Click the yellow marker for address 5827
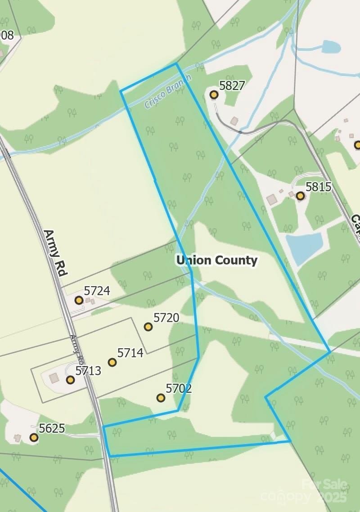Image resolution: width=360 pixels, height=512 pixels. pos(214,94)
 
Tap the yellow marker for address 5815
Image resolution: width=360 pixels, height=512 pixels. pos(300,196)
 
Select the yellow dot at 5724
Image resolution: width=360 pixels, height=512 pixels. pos(79,300)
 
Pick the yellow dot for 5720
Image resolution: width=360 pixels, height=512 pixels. pos(148,327)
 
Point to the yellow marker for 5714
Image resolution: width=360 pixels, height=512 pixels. pos(112,362)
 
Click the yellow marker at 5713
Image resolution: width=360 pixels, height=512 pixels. pos(70,380)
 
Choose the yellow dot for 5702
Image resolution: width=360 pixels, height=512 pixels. pos(161,398)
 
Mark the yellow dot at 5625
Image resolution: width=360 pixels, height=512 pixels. pos(34,437)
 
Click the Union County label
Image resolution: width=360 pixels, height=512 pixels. pos(217,260)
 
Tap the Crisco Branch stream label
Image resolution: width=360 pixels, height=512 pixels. pos(168,91)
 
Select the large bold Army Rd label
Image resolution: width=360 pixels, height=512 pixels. pos(55,253)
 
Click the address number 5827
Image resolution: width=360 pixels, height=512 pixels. pos(232,85)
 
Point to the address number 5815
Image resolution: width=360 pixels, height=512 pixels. pos(318,186)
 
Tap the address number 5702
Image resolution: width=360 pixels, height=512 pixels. pos(179,388)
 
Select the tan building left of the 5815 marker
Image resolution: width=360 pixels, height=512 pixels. pos(271,199)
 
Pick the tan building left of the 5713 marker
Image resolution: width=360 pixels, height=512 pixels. pos(54,377)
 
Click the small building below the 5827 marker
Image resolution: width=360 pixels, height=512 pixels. pos(234,121)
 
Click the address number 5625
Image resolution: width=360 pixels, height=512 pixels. pos(52,428)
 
